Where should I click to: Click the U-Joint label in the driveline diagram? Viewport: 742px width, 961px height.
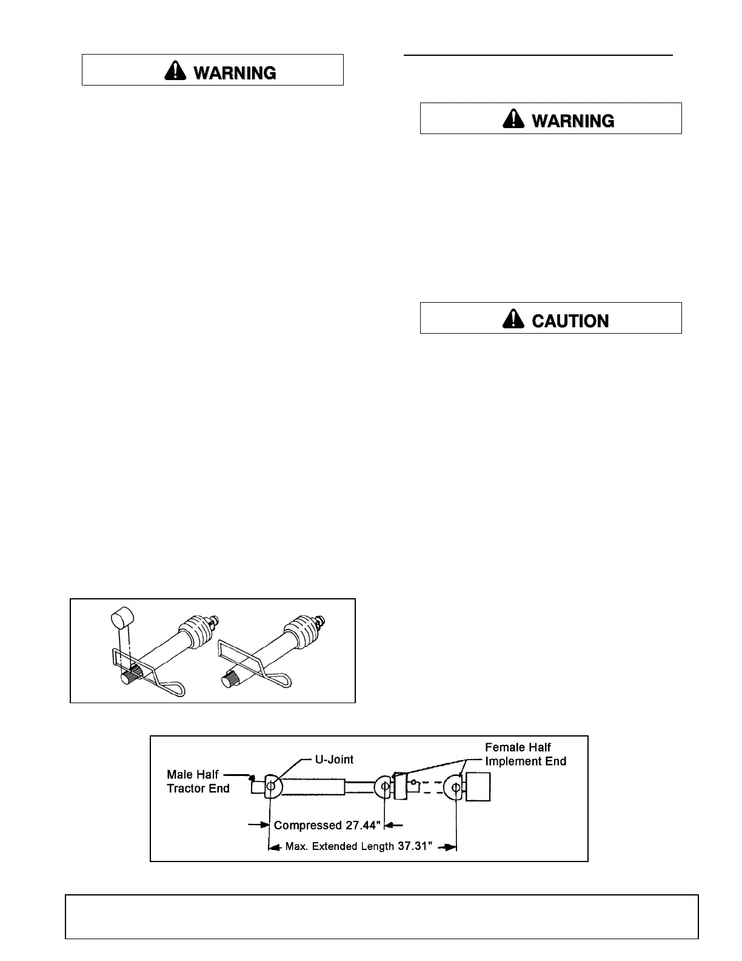click(335, 760)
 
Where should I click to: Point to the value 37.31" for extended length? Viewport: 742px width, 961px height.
click(415, 846)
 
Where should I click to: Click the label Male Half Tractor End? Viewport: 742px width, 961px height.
click(198, 781)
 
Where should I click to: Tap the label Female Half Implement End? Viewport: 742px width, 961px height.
click(525, 754)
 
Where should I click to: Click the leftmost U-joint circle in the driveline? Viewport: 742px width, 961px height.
click(270, 787)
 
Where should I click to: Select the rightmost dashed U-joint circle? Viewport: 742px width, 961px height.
click(455, 787)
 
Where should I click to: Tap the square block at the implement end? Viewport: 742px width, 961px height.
click(478, 787)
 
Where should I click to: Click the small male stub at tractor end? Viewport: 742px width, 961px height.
click(258, 787)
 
